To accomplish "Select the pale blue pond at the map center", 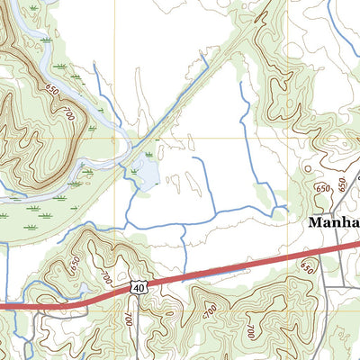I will [x=143, y=172].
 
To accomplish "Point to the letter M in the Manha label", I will [x=317, y=221].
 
